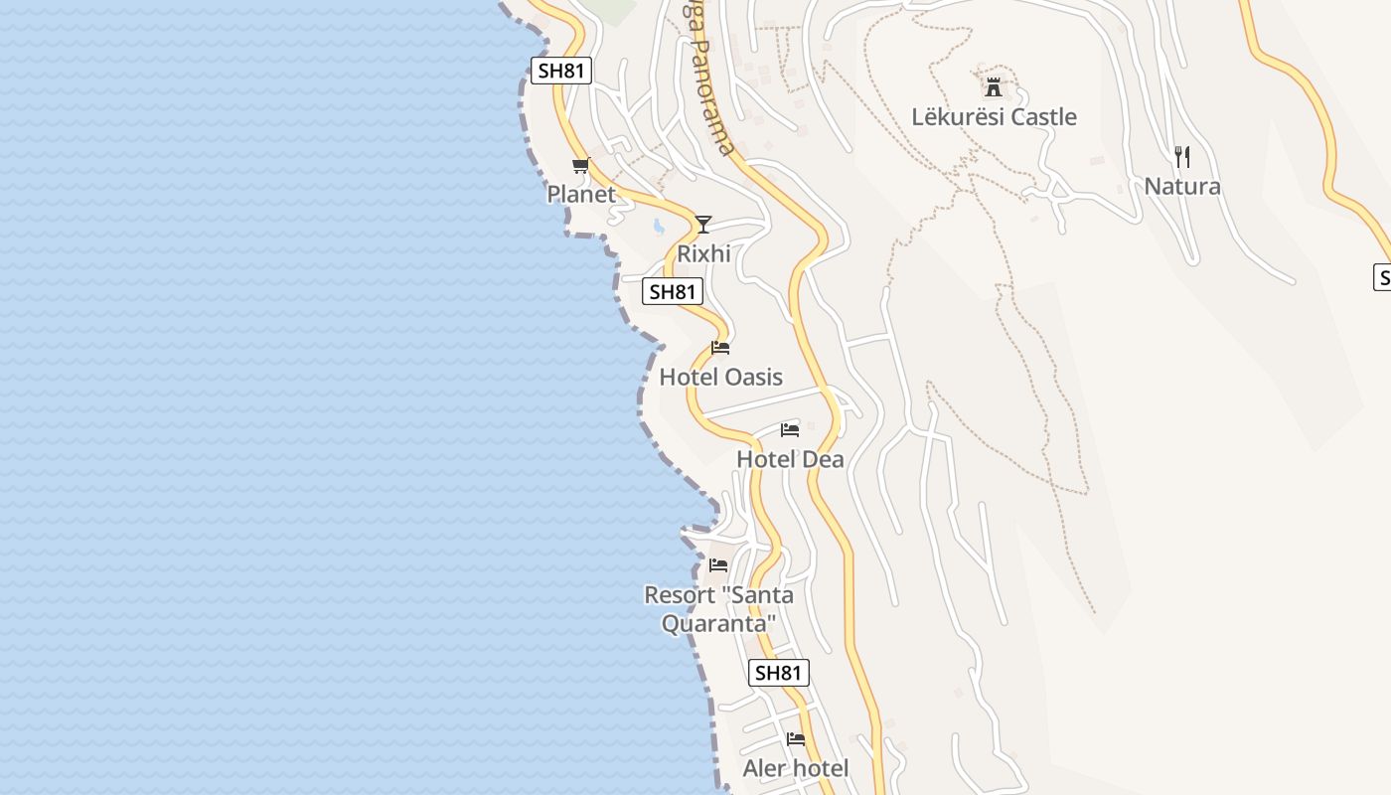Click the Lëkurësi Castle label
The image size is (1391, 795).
(994, 117)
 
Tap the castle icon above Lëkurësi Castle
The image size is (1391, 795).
(993, 85)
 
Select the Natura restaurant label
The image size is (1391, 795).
(1181, 187)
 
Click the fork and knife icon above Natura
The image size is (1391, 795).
(1181, 156)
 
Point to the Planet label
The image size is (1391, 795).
(581, 195)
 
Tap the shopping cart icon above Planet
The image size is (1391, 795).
(580, 165)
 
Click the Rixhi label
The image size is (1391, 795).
(703, 254)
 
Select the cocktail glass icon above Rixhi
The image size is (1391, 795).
(703, 224)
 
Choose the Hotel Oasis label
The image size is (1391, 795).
(720, 378)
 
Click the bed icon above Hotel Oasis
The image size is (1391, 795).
(720, 348)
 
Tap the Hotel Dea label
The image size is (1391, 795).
(790, 459)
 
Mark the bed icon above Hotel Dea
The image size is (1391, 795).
(790, 429)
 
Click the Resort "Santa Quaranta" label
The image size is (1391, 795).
(718, 609)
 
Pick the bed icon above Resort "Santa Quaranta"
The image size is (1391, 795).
(718, 565)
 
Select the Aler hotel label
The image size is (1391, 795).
(795, 769)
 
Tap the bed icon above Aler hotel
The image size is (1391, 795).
(796, 738)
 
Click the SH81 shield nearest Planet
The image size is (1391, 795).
(561, 71)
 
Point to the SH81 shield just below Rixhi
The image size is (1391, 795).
(673, 292)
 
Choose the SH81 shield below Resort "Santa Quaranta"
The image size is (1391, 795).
(778, 673)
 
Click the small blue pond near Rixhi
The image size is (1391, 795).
(658, 227)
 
